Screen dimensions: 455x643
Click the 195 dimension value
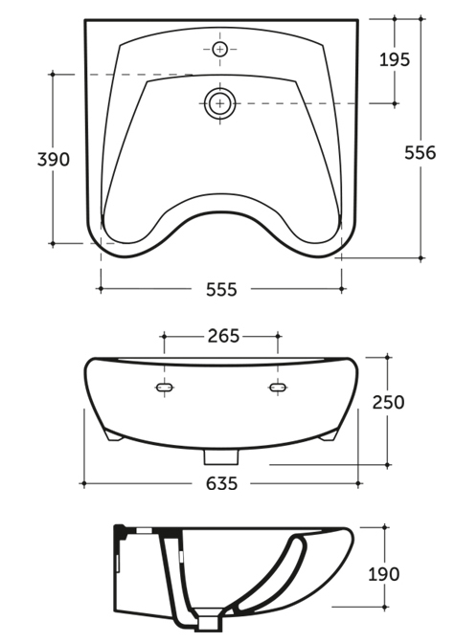tap(395, 60)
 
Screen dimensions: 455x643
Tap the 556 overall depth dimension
tap(421, 153)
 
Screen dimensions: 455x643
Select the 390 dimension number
tap(54, 159)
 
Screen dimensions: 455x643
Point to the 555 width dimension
tap(221, 290)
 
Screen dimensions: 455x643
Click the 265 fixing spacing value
tap(223, 336)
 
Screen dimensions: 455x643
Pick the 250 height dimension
tap(388, 402)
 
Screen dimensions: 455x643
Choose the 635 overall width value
tap(221, 484)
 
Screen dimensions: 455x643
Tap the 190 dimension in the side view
tap(383, 574)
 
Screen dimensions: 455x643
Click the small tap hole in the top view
tap(220, 49)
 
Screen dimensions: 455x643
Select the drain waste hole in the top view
tap(220, 103)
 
